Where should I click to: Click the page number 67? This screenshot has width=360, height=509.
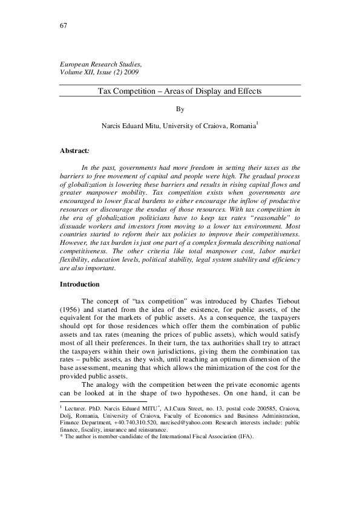click(x=63, y=25)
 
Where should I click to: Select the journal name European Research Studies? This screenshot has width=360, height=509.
click(x=100, y=63)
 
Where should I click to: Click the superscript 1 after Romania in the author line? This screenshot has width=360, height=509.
click(x=258, y=124)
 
